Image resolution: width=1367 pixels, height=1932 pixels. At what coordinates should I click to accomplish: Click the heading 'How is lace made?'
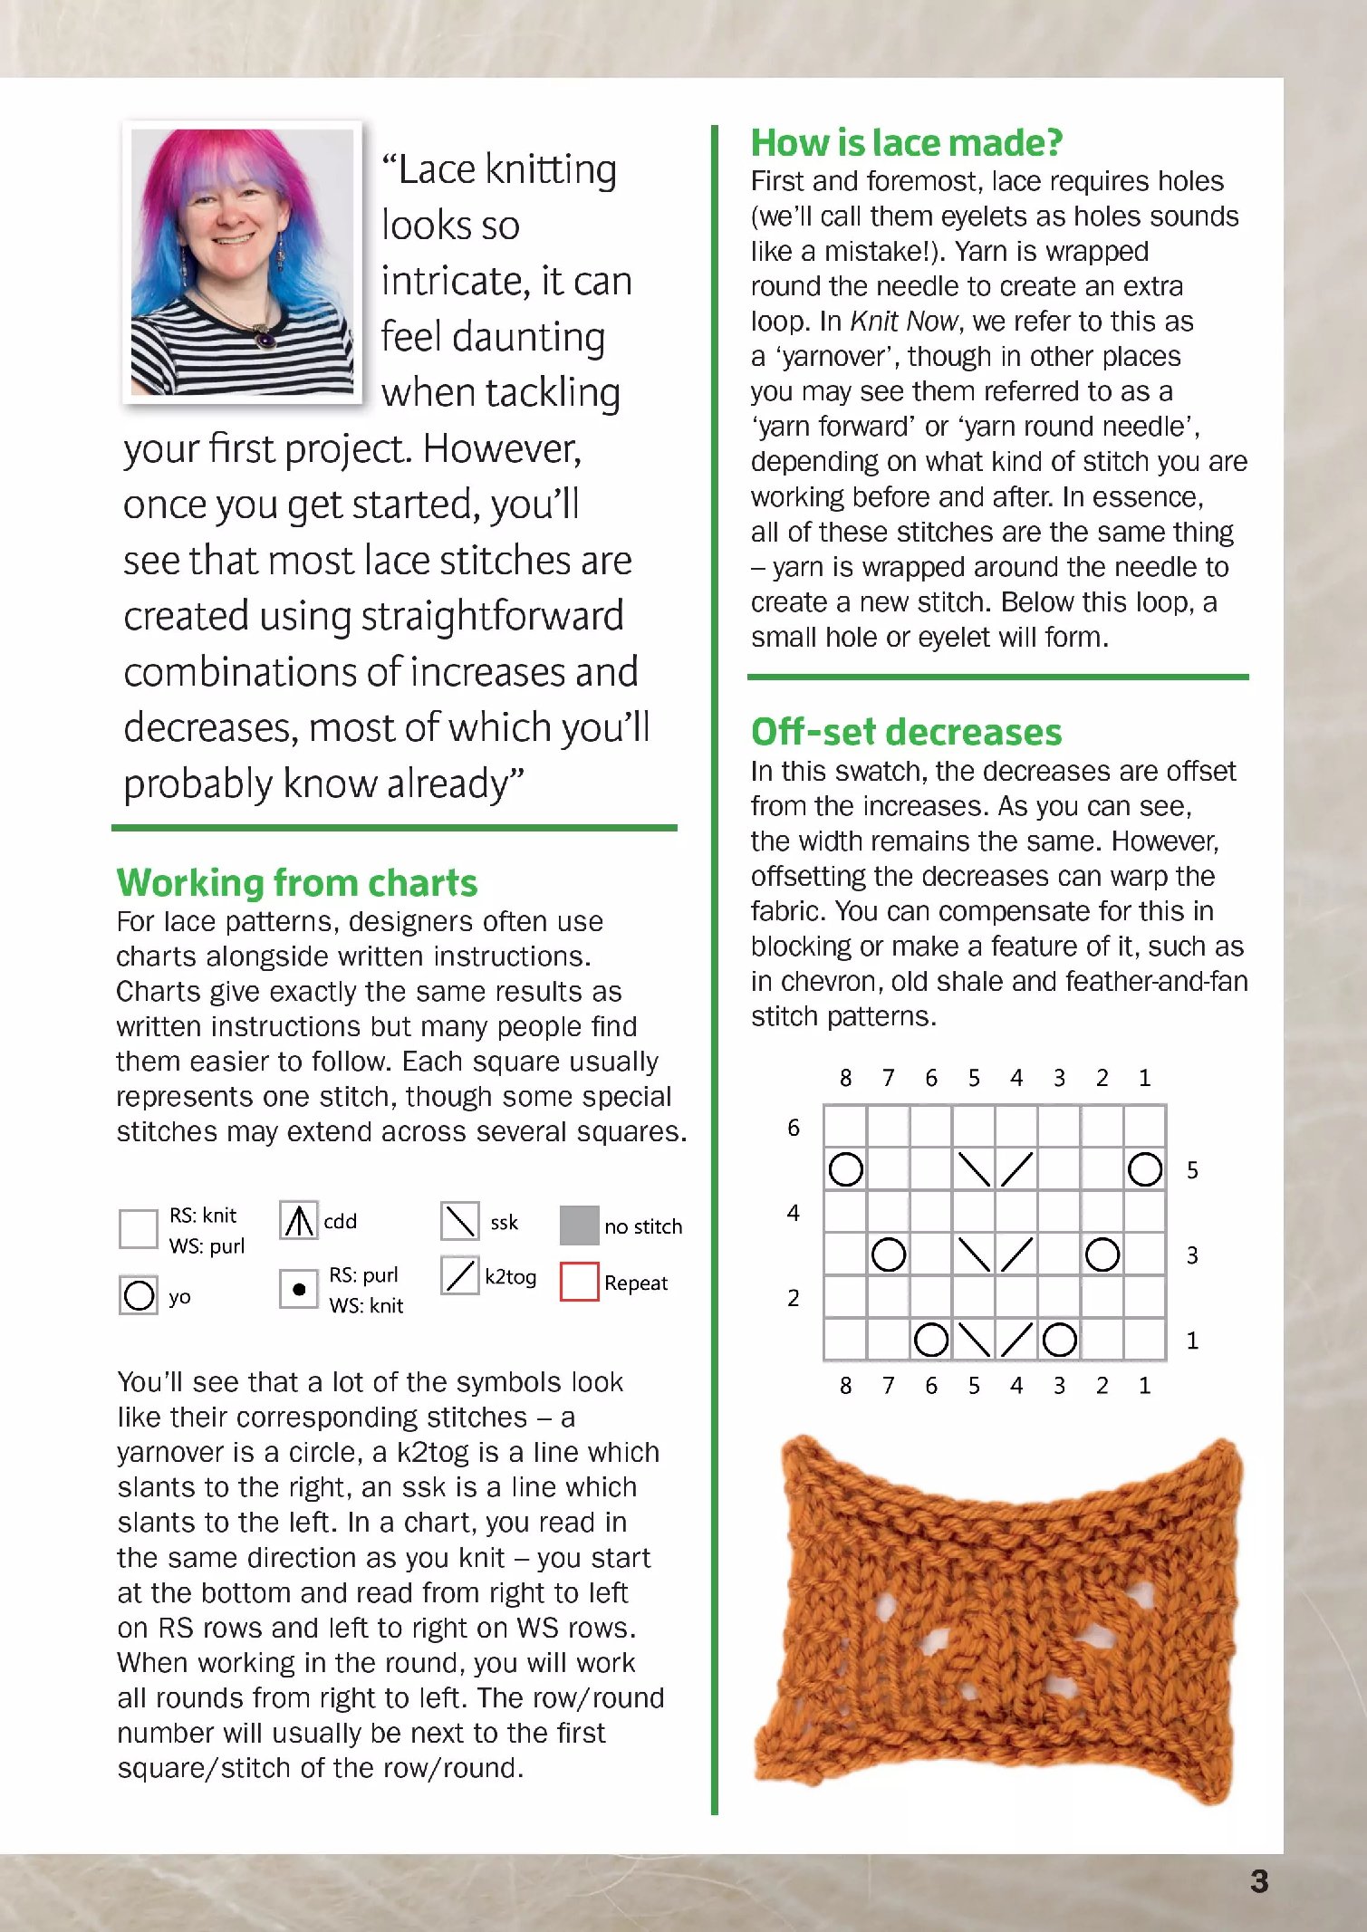(906, 143)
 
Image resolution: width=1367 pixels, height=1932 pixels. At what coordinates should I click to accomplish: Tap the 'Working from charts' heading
(297, 882)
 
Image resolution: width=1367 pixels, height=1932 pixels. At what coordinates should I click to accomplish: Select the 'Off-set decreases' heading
(906, 732)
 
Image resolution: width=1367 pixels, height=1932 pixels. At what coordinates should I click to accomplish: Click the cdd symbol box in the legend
(298, 1221)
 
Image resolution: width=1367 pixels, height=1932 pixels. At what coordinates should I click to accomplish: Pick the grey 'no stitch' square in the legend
(579, 1226)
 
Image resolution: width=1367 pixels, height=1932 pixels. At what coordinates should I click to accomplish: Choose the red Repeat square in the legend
(579, 1282)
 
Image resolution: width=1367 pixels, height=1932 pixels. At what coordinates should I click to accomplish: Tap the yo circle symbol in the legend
(139, 1294)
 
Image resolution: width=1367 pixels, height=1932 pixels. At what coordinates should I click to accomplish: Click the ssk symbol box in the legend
(459, 1221)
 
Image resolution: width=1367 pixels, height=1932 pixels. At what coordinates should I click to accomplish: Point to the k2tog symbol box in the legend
(459, 1276)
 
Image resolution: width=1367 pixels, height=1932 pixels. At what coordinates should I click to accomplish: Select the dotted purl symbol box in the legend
(298, 1289)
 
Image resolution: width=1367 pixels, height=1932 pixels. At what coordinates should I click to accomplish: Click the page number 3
(1258, 1882)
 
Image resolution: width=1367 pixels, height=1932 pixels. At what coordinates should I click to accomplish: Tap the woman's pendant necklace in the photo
(266, 340)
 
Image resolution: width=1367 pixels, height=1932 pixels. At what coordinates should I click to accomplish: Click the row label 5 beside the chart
(1192, 1170)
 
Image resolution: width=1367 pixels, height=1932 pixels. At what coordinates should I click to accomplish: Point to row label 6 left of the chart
(794, 1128)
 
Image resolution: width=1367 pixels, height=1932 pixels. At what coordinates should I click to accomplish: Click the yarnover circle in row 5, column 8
(845, 1169)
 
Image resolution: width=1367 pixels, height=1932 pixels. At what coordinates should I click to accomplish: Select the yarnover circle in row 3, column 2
(1102, 1254)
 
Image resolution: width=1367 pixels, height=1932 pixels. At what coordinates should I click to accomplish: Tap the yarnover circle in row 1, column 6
(930, 1340)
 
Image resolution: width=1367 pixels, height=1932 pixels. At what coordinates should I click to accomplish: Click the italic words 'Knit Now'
(903, 322)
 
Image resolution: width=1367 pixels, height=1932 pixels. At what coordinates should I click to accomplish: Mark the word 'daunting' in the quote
(529, 337)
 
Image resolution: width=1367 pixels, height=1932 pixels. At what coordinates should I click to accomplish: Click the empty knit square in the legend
(139, 1229)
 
